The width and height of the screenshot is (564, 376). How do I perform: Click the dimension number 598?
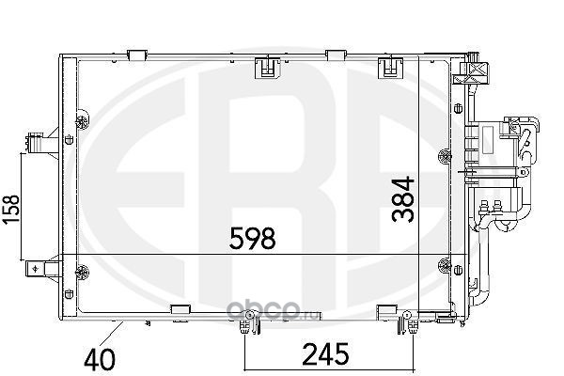(x=253, y=238)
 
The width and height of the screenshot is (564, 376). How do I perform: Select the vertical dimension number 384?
(x=403, y=199)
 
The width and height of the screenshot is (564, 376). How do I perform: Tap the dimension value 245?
(x=326, y=354)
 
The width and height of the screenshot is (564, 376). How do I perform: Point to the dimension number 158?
(x=10, y=210)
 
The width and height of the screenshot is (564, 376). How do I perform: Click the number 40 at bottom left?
(x=100, y=359)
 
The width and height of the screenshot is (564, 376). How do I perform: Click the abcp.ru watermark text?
(x=273, y=310)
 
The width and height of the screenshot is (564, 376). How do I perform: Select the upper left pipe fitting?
(x=42, y=142)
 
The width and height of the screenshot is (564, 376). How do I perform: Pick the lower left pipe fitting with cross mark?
(x=43, y=269)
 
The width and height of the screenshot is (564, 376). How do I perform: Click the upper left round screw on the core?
(x=83, y=119)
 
